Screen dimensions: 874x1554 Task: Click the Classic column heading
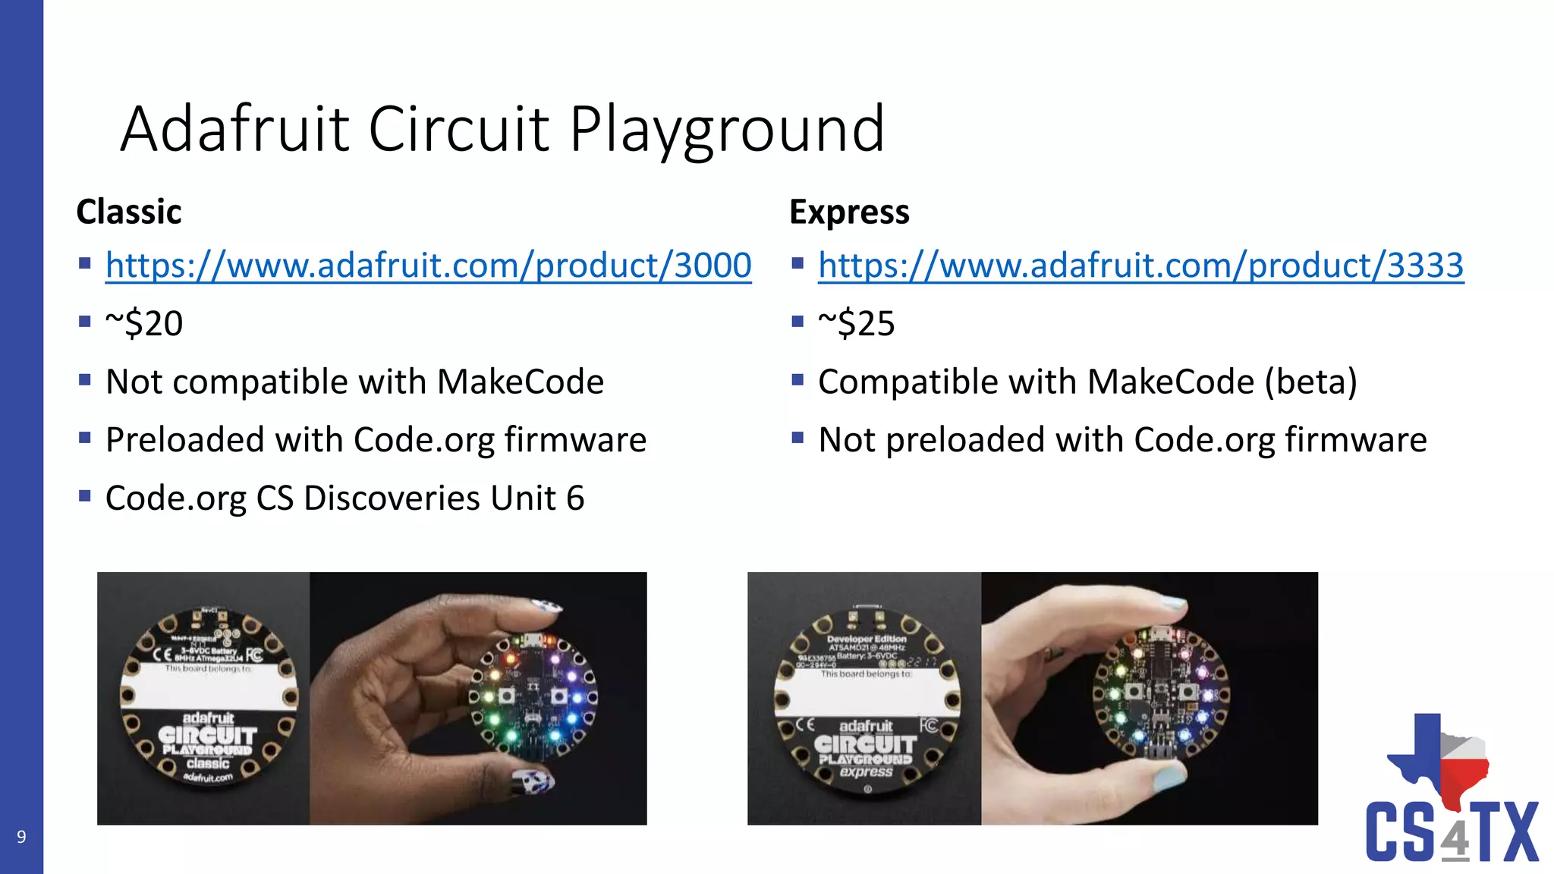[x=129, y=212]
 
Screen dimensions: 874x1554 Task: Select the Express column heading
[x=849, y=212]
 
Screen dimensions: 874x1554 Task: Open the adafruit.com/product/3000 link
[x=428, y=266]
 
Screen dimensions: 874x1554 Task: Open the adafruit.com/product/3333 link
[x=1140, y=266]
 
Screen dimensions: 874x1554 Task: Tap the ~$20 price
[x=144, y=324]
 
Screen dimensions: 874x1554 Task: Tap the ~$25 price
[x=857, y=324]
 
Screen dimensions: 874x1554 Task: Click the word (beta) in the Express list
[x=1310, y=382]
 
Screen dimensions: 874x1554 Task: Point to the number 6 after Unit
[x=575, y=498]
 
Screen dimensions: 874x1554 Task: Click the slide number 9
[x=21, y=837]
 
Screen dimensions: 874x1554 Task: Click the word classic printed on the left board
[x=208, y=763]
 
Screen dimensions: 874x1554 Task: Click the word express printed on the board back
[x=866, y=772]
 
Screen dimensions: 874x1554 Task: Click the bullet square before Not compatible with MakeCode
[x=85, y=379]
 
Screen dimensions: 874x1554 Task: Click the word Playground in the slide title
[x=726, y=129]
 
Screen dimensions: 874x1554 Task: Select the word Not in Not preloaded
[x=846, y=440]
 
